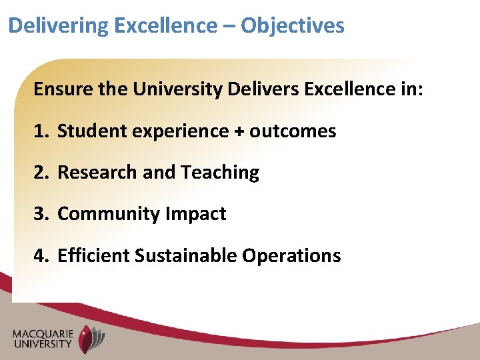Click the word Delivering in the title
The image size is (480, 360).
(x=59, y=26)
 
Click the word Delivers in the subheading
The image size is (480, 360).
(x=263, y=89)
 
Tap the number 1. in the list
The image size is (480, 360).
(x=41, y=131)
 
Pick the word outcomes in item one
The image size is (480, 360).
(x=293, y=131)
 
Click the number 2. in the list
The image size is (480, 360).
(x=41, y=173)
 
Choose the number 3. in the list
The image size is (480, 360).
(x=41, y=214)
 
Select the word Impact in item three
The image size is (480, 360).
(x=196, y=214)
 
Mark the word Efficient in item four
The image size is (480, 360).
(x=94, y=255)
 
